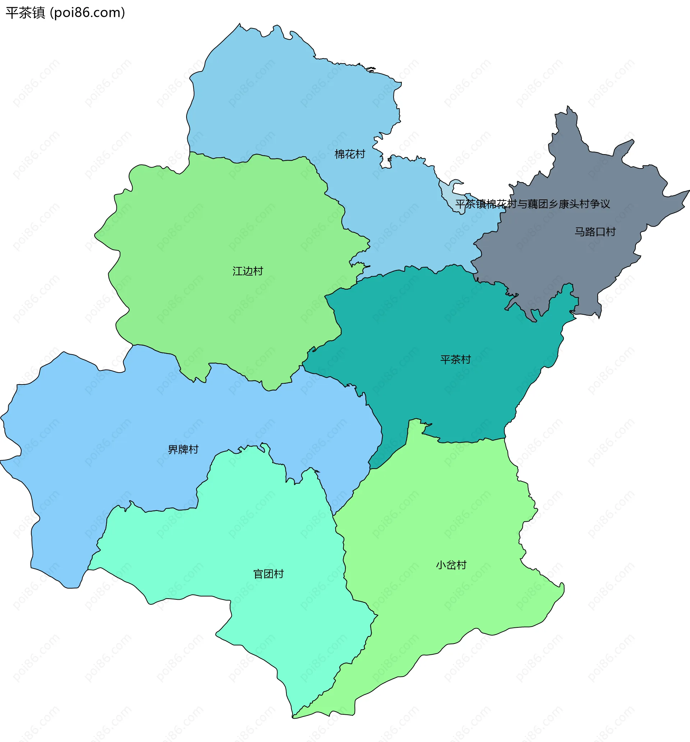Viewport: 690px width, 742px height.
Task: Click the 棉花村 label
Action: coord(349,154)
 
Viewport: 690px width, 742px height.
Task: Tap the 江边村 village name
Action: coord(248,271)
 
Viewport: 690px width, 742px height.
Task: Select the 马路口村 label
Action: coord(595,232)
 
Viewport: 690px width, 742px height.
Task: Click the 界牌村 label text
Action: coord(183,450)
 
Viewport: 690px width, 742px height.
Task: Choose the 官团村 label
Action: coord(268,574)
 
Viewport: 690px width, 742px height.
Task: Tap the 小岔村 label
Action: coord(451,565)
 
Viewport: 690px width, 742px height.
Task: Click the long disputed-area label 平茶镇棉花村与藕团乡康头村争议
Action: coord(533,204)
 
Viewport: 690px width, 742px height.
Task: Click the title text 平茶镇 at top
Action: coord(25,13)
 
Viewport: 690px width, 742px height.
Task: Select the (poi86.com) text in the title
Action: coord(87,13)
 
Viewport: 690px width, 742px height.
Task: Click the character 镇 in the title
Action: coord(38,13)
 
